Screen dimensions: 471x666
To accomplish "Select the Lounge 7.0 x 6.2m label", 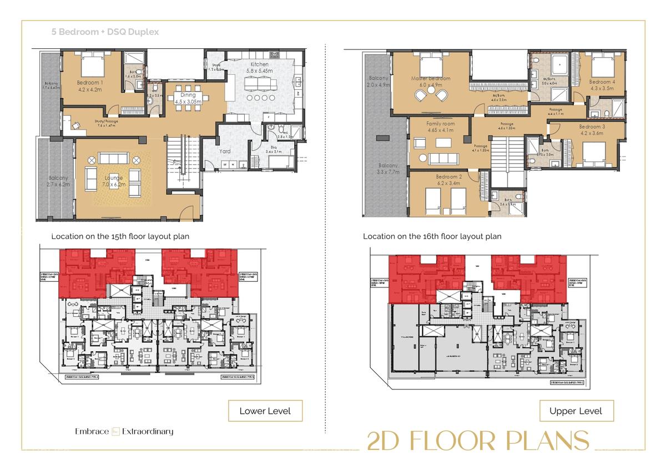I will [113, 181].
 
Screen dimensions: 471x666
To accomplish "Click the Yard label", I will [224, 150].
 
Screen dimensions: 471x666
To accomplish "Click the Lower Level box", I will [265, 411].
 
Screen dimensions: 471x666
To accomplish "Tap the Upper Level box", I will [577, 411].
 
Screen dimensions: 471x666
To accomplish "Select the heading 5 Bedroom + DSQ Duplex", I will [105, 32].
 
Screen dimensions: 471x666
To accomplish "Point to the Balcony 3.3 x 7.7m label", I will [388, 169].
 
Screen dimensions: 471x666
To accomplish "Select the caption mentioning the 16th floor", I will [432, 236].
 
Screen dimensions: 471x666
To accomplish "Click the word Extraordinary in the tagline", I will [148, 432].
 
